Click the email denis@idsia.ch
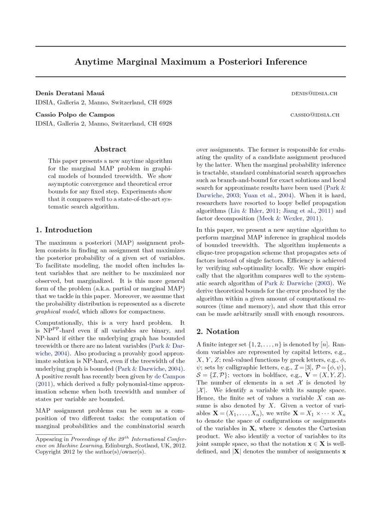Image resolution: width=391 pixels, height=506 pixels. coord(314,93)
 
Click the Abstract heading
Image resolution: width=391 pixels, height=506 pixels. coord(110,149)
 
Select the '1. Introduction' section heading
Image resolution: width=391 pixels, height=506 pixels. coord(64,230)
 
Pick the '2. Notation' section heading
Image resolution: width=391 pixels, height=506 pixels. coord(218,331)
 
